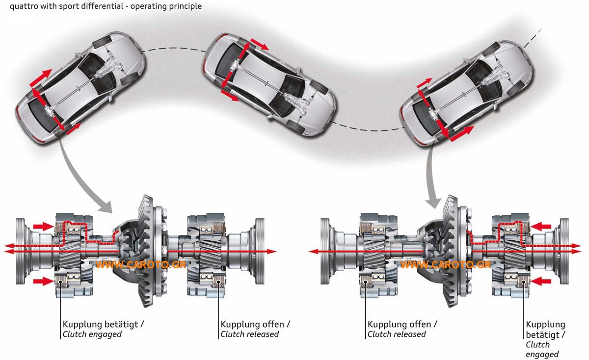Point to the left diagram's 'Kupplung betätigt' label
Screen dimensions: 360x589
[103, 324]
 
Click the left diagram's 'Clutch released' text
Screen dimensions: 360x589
[249, 334]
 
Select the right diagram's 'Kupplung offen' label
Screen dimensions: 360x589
[402, 324]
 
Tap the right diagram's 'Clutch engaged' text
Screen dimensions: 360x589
[542, 349]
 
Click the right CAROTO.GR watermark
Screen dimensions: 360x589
[446, 265]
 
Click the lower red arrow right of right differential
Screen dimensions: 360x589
[542, 281]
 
